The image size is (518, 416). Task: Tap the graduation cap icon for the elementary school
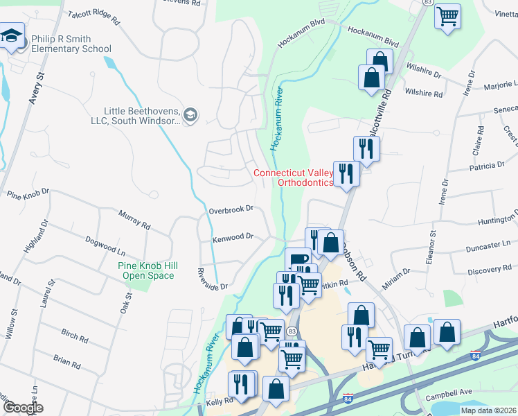pyautogui.click(x=12, y=37)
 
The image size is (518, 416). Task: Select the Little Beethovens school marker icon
pyautogui.click(x=192, y=114)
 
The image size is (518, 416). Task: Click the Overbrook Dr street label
pyautogui.click(x=231, y=208)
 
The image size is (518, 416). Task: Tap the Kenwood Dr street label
pyautogui.click(x=233, y=237)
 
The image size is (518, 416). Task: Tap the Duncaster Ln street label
pyautogui.click(x=488, y=245)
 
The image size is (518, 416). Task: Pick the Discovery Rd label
pyautogui.click(x=488, y=270)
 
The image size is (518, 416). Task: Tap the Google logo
pyautogui.click(x=22, y=408)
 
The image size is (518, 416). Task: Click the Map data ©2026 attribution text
pyautogui.click(x=488, y=410)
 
